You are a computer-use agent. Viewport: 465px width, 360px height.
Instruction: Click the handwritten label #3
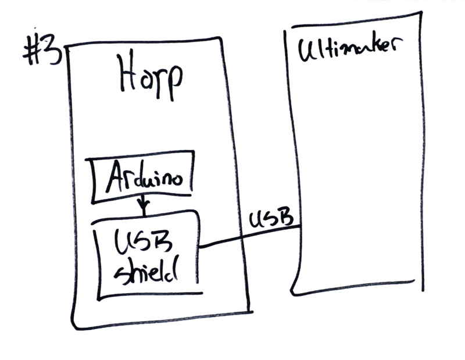coord(42,52)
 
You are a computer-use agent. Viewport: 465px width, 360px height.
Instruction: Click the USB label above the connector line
coord(270,220)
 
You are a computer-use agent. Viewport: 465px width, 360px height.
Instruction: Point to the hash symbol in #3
coord(32,53)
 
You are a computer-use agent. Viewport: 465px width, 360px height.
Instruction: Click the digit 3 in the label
coord(53,52)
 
